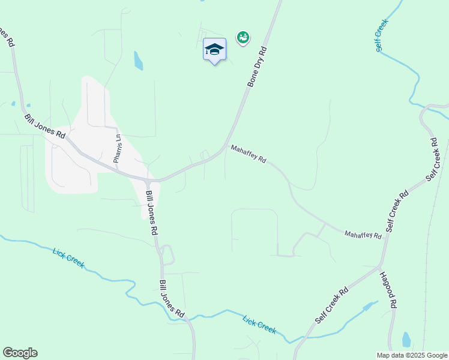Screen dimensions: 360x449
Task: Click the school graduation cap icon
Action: [x=214, y=49]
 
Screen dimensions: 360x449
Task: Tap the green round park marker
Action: [x=243, y=38]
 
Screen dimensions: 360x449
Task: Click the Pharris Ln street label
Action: [x=118, y=148]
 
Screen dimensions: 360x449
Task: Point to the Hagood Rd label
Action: [x=388, y=290]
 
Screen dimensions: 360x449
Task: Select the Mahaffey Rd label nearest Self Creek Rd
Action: [x=363, y=235]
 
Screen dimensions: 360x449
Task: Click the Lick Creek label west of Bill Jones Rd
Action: [x=68, y=258]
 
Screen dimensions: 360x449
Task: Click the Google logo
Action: [x=20, y=353]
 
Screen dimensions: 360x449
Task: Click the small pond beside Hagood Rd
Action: [x=406, y=340]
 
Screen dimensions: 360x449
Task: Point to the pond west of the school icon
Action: [x=138, y=60]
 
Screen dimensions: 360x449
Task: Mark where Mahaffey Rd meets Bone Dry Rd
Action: [x=226, y=146]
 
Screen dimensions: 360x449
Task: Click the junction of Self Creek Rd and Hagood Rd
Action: [x=379, y=265]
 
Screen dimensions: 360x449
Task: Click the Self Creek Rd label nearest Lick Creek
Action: [x=331, y=306]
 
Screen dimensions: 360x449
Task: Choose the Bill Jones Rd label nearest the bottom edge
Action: [x=171, y=298]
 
